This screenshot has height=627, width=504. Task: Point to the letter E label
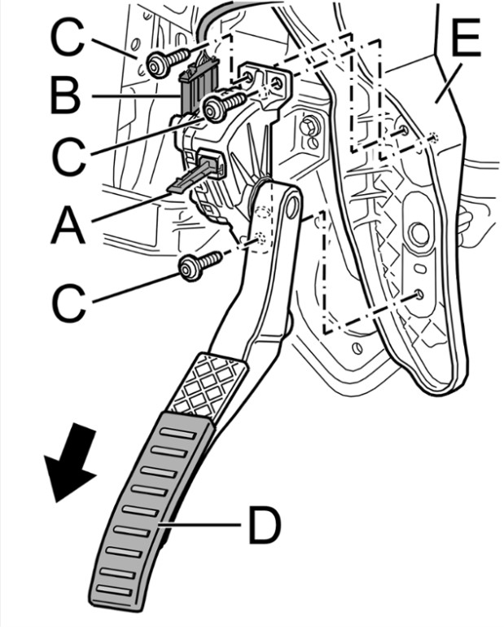pyautogui.click(x=465, y=41)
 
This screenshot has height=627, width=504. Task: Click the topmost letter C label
pyautogui.click(x=70, y=38)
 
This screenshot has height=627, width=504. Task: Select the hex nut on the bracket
pyautogui.click(x=309, y=128)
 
